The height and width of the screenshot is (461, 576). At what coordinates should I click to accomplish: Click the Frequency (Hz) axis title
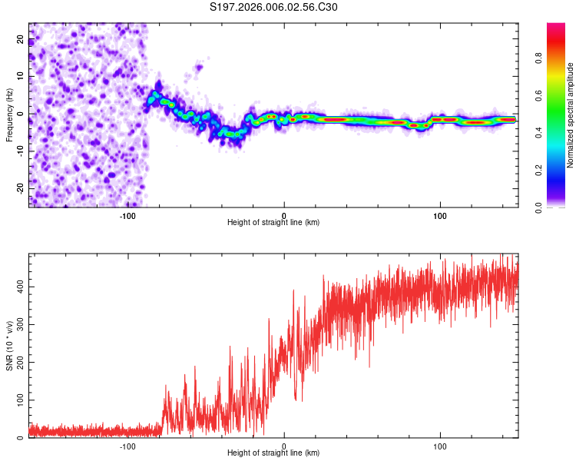(9, 115)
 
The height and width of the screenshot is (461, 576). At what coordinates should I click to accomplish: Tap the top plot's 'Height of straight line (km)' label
(273, 222)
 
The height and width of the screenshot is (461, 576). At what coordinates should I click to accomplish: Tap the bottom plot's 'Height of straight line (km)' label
(273, 453)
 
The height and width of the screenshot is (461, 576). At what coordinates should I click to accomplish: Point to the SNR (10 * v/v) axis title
(9, 346)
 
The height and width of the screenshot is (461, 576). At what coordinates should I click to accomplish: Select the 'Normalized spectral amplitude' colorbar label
(571, 115)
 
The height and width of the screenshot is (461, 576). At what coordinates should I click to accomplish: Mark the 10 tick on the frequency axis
(21, 76)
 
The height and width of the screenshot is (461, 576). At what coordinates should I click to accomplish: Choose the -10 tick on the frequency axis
(21, 151)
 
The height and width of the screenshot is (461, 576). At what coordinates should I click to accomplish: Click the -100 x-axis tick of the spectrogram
(127, 215)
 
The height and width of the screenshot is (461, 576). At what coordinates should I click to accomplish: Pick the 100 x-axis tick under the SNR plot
(440, 446)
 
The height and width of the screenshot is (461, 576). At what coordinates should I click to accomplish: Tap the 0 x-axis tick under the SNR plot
(284, 446)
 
